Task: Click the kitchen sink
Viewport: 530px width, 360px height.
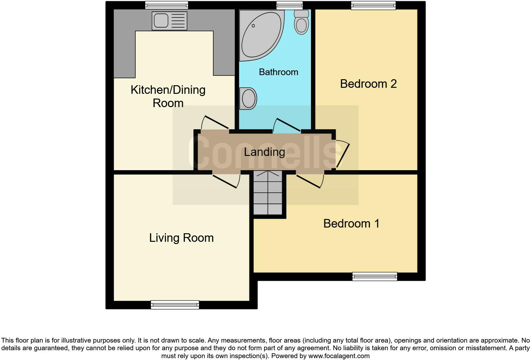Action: (x=169, y=21)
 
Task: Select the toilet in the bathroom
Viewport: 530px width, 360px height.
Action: (x=301, y=22)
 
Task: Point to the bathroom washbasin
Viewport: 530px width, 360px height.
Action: (x=248, y=99)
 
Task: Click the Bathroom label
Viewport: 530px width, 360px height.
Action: (x=278, y=72)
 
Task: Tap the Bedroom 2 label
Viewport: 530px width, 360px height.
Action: (x=368, y=84)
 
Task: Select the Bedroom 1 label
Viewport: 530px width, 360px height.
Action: (x=351, y=223)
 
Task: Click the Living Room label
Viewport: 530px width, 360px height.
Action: (x=181, y=238)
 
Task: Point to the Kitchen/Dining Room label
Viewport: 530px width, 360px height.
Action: (x=168, y=96)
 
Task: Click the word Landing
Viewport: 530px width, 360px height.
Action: (x=264, y=152)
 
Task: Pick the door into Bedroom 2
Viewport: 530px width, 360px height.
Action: (x=342, y=154)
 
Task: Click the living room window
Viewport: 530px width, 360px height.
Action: (x=175, y=305)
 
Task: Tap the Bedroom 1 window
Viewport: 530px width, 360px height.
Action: (x=375, y=276)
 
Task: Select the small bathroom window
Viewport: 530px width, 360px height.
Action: (x=289, y=5)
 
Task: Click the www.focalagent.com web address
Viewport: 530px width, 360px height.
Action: (x=339, y=356)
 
